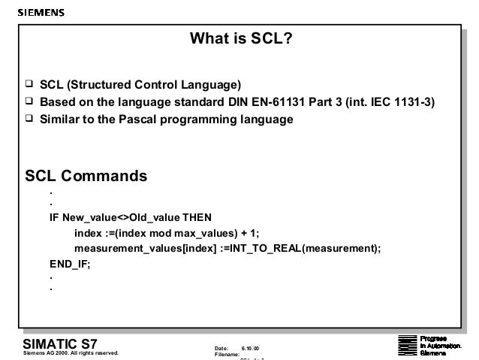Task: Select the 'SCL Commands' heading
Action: point(86,177)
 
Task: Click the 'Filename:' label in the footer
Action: point(227,354)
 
